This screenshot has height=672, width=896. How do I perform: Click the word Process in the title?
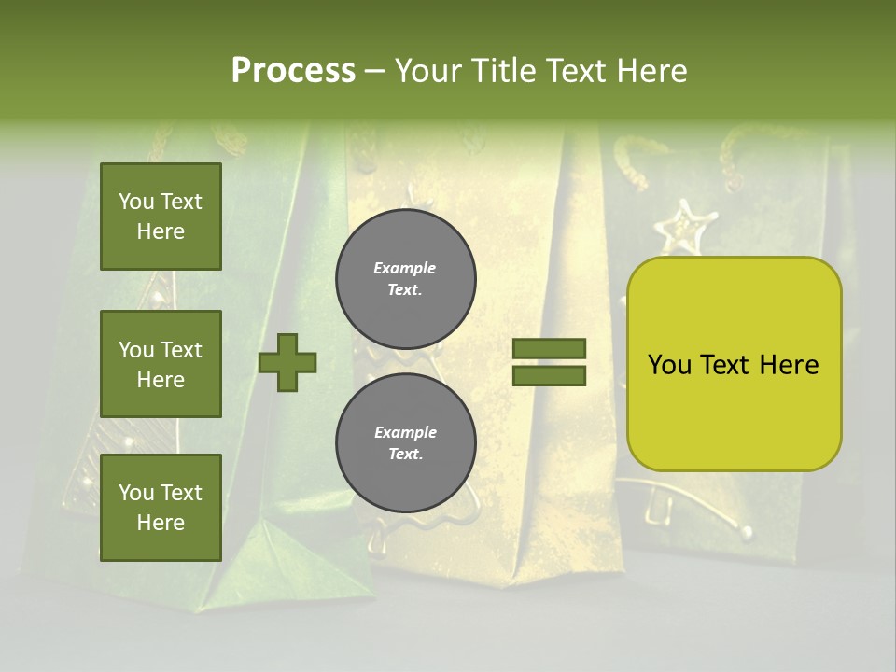click(293, 71)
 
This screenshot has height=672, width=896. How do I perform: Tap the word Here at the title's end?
click(649, 71)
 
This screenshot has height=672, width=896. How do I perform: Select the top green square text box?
click(161, 217)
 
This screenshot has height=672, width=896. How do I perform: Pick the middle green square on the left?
click(161, 364)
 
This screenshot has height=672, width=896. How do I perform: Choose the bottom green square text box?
click(161, 508)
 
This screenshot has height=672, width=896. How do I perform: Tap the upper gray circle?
click(405, 278)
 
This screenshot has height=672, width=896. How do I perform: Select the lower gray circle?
click(405, 442)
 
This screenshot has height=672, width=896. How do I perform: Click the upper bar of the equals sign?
click(550, 349)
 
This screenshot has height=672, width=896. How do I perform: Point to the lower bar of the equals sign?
click(550, 376)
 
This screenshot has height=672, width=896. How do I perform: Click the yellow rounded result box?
click(734, 364)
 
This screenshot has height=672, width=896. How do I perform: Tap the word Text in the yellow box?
click(727, 365)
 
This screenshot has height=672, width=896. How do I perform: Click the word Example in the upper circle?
click(405, 268)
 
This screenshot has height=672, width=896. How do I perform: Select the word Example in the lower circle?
click(405, 432)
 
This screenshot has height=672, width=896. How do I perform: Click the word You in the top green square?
click(136, 202)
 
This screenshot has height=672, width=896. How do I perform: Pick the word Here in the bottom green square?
click(161, 523)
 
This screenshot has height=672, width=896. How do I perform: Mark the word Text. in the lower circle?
click(405, 455)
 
